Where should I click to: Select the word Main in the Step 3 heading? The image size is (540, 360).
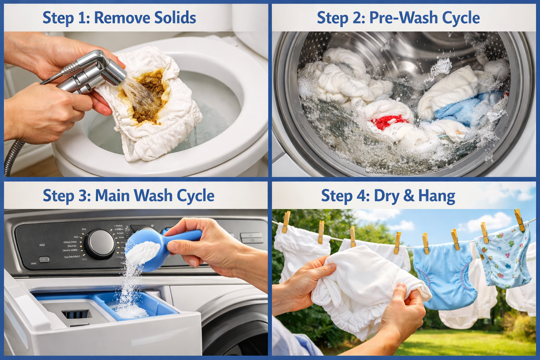[x=112, y=195]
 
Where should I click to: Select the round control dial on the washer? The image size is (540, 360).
[x=101, y=244]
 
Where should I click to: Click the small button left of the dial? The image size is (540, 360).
[x=44, y=260]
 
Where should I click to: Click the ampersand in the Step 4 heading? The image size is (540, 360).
[x=409, y=196]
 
